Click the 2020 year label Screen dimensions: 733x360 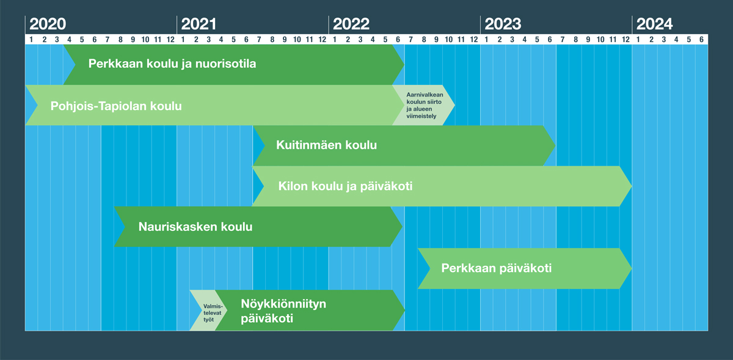[48, 24]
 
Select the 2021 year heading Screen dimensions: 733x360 [199, 24]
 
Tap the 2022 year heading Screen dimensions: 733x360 [351, 24]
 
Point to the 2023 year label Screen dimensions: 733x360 [503, 24]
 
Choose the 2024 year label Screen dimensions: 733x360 [654, 24]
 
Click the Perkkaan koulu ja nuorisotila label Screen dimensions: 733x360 [172, 64]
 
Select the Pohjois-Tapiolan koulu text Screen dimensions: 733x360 [116, 106]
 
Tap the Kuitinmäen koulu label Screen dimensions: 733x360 [326, 145]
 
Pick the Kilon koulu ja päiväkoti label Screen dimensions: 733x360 [345, 186]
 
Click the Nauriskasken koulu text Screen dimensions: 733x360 [195, 227]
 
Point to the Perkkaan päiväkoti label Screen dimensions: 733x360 [497, 268]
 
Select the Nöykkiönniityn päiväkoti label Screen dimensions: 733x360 [283, 311]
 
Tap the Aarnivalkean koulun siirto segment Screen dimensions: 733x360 [424, 105]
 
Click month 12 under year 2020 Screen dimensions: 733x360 [170, 40]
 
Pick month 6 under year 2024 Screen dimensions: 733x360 [701, 40]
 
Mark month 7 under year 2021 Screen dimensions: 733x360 [259, 40]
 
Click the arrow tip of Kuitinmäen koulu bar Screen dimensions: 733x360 [555, 145]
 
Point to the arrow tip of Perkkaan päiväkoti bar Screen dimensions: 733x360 [632, 268]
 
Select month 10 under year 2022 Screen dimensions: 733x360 [448, 40]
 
